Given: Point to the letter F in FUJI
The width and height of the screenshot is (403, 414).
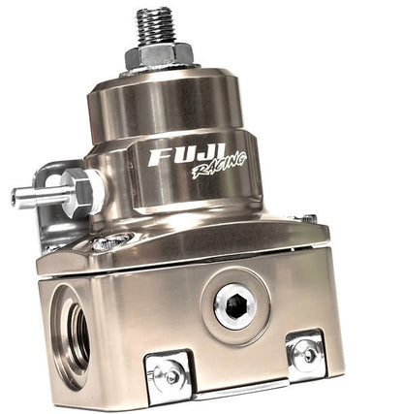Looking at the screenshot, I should pyautogui.click(x=159, y=156).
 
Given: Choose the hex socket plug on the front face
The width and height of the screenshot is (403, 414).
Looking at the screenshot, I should pyautogui.click(x=235, y=305).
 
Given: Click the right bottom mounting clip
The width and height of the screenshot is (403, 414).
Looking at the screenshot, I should pyautogui.click(x=306, y=355).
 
